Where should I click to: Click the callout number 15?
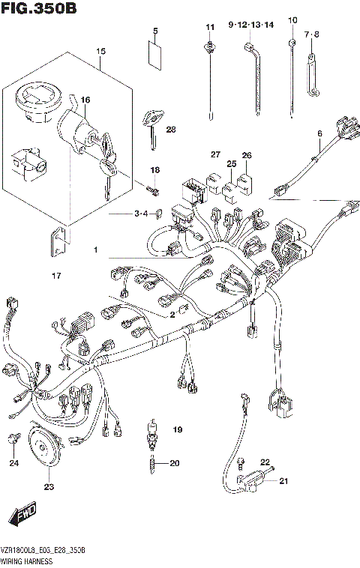100,52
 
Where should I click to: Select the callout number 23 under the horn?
49,487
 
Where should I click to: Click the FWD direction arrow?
22,516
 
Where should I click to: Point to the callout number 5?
155,31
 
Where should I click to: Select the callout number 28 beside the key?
171,130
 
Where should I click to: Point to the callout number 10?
292,19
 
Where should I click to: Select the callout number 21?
283,481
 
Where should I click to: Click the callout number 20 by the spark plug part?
174,463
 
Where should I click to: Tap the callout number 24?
13,463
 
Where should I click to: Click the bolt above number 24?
13,438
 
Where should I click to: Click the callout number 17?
55,277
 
